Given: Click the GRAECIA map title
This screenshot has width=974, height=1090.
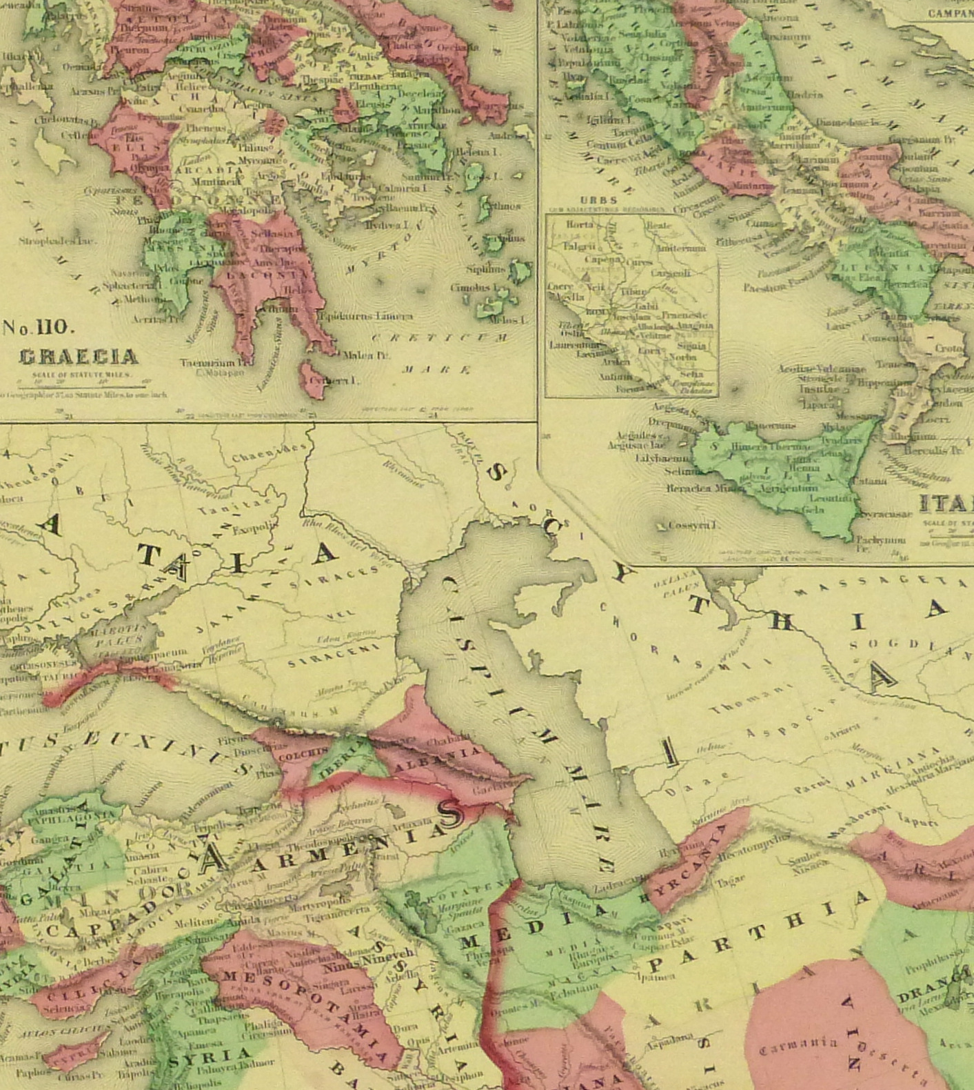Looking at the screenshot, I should [78, 357].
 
